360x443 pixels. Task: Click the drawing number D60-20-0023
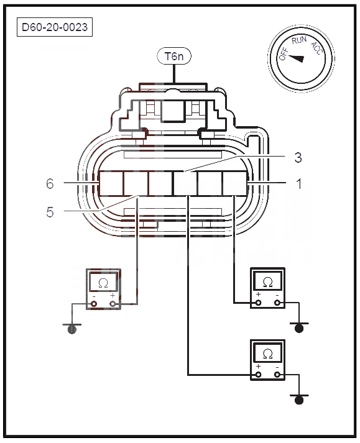pos(55,27)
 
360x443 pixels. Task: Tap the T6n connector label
pos(174,56)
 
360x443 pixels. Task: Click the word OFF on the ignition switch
pos(284,53)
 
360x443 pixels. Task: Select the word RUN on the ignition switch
pos(299,40)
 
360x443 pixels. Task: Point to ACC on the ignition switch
pos(316,48)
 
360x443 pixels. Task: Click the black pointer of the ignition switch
pos(297,58)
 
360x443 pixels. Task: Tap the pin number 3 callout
pos(298,157)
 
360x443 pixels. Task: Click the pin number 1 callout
pos(298,184)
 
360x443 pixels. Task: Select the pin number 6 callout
pos(50,184)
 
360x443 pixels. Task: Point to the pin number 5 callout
pos(50,212)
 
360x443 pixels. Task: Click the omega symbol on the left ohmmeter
pos(103,283)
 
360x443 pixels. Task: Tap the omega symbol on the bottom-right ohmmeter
pos(267,354)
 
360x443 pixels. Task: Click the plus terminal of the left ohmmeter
pos(113,304)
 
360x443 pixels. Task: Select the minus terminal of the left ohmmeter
pos(94,304)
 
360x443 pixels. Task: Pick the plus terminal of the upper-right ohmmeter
pos(258,303)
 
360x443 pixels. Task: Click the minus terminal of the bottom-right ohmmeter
pos(277,375)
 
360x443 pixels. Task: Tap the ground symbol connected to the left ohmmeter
pos(72,328)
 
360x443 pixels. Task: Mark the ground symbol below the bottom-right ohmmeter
pos(299,399)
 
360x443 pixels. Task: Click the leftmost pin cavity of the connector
pos(111,183)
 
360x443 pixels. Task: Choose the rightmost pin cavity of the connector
pos(235,183)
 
